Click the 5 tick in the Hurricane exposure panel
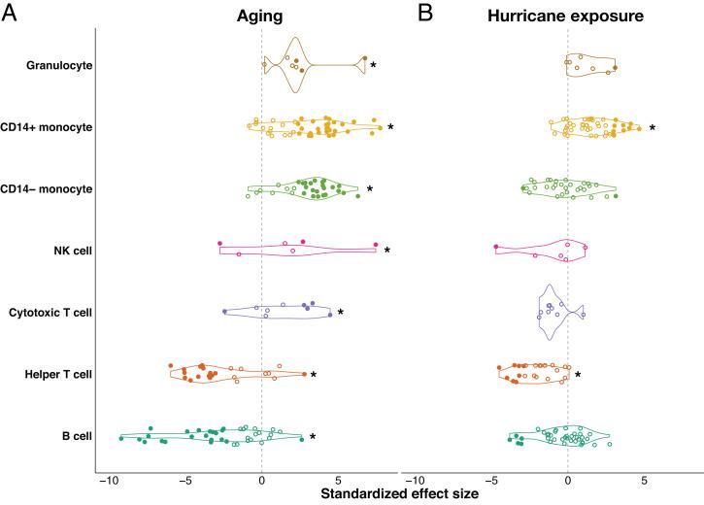point(644,480)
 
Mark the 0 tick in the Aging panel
point(261,480)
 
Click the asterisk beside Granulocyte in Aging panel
point(373,66)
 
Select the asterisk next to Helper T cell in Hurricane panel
point(578,375)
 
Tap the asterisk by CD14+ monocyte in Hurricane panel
point(653,128)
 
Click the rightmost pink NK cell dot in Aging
point(375,244)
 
